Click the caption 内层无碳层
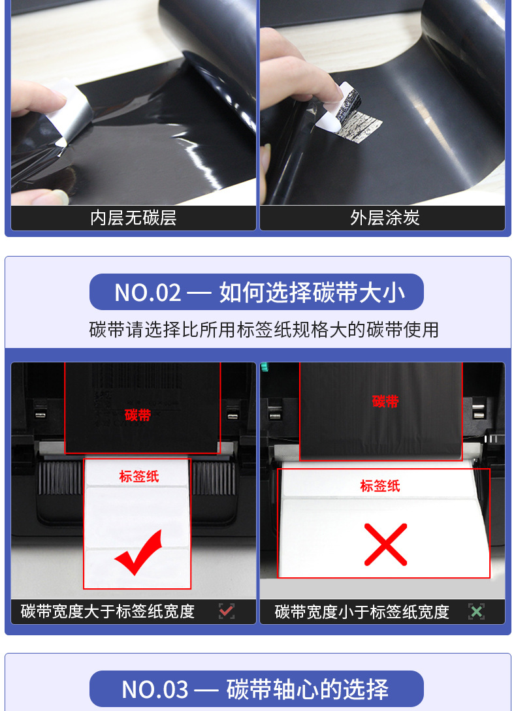tap(133, 218)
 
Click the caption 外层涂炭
tap(385, 218)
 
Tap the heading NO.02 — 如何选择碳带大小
tap(259, 292)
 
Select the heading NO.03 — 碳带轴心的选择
tap(255, 689)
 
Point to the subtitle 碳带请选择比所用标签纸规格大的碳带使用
tap(264, 330)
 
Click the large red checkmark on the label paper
tap(139, 552)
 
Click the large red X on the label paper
tap(386, 545)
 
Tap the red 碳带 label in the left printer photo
tap(138, 415)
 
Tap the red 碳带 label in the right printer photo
tap(385, 402)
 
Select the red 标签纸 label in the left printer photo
tap(139, 476)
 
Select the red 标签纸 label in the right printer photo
tap(380, 486)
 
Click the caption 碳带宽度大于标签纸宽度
tap(108, 612)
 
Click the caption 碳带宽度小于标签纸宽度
tap(362, 612)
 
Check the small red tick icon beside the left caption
tap(227, 611)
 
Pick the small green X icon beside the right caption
tap(477, 611)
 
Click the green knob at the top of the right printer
tap(263, 366)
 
